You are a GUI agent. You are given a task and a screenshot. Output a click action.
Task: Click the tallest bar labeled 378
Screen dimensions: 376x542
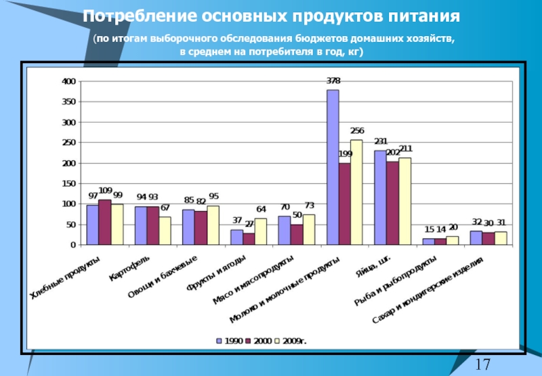[333, 167]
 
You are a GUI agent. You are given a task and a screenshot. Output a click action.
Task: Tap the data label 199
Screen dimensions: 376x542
[345, 154]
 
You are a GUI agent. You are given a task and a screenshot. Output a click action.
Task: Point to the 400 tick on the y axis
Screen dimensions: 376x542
[68, 81]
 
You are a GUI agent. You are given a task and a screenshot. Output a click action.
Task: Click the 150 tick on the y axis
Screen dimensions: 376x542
[68, 183]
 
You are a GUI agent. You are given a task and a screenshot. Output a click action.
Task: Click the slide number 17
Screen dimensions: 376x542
[482, 364]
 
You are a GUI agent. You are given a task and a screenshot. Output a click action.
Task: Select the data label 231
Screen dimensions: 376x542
[381, 141]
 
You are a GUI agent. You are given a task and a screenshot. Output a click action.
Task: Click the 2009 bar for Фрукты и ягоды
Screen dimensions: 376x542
[260, 231]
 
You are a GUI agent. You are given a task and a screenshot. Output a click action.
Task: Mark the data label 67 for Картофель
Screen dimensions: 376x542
[165, 208]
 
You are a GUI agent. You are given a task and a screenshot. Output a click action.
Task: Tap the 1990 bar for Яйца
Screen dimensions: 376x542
[380, 197]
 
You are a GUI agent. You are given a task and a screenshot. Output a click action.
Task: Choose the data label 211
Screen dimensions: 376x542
[405, 149]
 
